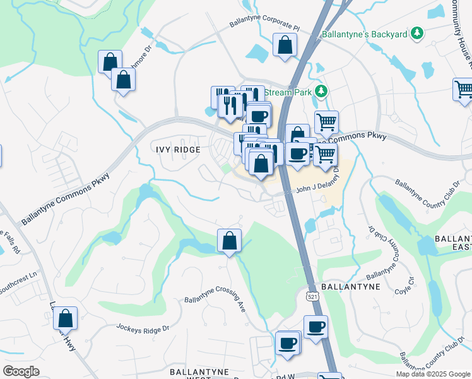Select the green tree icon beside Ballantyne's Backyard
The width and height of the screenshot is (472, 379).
pos(416,33)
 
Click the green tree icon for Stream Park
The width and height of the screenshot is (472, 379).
pos(322,92)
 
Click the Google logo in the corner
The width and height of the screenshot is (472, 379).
pos(21,371)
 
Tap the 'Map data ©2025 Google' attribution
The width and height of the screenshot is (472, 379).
pos(433,374)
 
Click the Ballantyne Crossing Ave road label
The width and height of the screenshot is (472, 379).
pos(215,304)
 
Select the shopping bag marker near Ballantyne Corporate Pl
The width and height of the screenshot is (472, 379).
pos(285,45)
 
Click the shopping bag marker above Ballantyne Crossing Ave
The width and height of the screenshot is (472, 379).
pos(229,241)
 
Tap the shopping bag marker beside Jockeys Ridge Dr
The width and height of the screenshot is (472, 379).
pos(65,320)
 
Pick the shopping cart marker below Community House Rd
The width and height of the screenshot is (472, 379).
pos(463,88)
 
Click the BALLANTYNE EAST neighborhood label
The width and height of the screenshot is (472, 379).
pos(453,246)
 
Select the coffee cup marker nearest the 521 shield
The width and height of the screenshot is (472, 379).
pos(316,327)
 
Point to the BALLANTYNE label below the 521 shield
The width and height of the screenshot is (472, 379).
pos(350,286)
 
